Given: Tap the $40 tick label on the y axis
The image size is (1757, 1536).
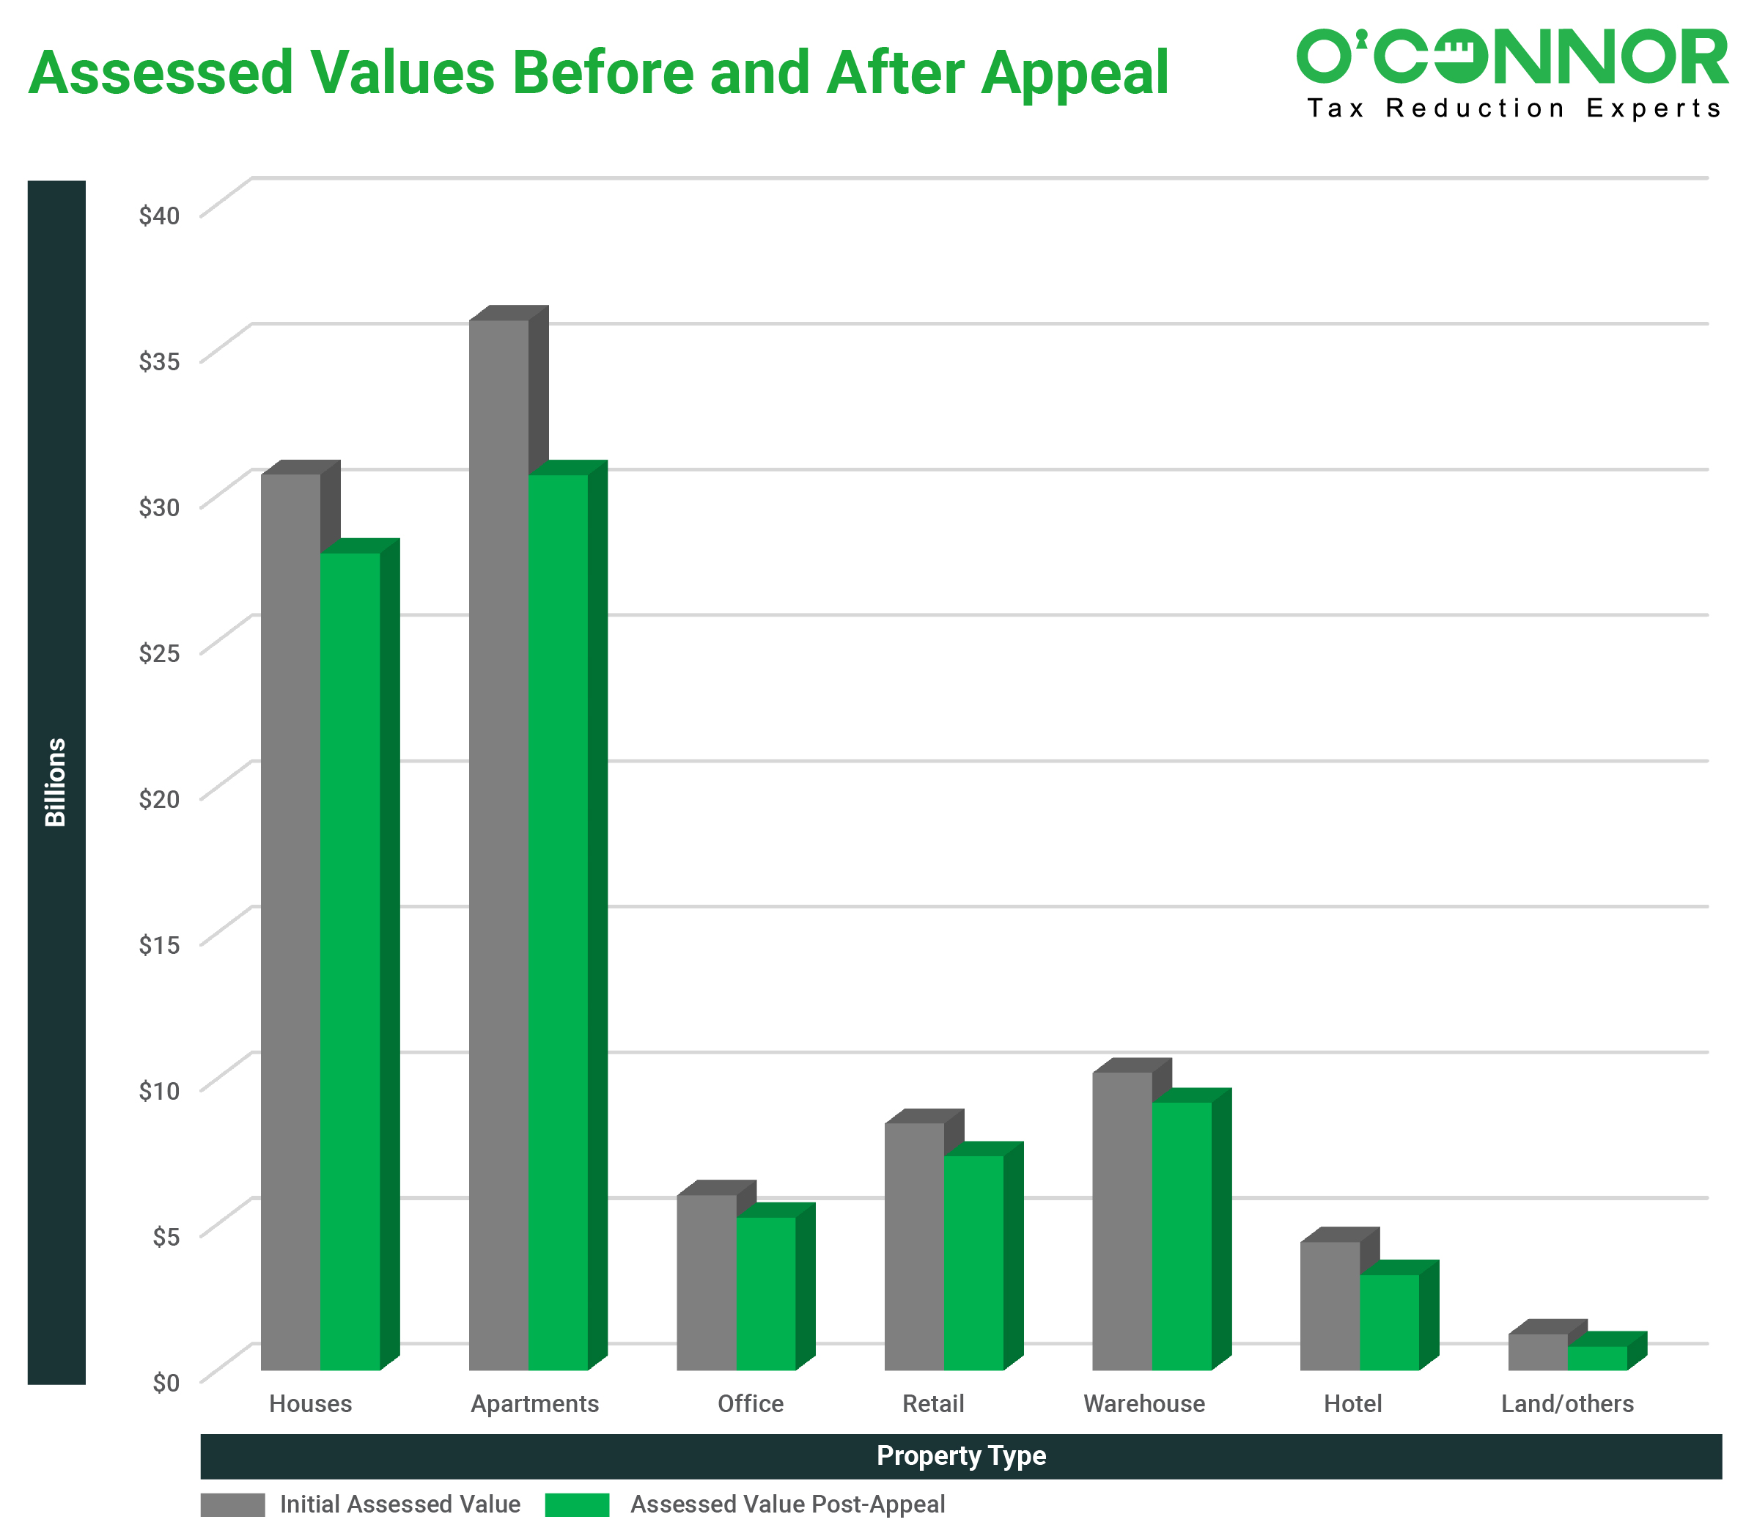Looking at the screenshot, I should pyautogui.click(x=159, y=215).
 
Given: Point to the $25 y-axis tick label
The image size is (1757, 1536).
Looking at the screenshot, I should pyautogui.click(x=159, y=653).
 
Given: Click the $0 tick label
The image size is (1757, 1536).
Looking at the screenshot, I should pyautogui.click(x=166, y=1383).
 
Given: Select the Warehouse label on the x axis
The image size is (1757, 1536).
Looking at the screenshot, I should pyautogui.click(x=1144, y=1404).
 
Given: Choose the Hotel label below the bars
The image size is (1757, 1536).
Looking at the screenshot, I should pyautogui.click(x=1352, y=1404).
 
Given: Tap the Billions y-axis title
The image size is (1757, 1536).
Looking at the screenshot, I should pyautogui.click(x=56, y=782).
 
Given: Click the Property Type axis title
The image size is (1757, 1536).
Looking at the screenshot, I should pyautogui.click(x=961, y=1455).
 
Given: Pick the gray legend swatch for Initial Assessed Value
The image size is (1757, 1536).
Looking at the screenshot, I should pyautogui.click(x=232, y=1505).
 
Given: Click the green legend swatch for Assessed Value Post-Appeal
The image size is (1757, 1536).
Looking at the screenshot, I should pyautogui.click(x=577, y=1505).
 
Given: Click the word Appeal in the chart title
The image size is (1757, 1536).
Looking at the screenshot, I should pyautogui.click(x=1075, y=73).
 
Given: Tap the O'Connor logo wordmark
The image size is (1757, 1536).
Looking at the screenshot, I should pyautogui.click(x=1512, y=56).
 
